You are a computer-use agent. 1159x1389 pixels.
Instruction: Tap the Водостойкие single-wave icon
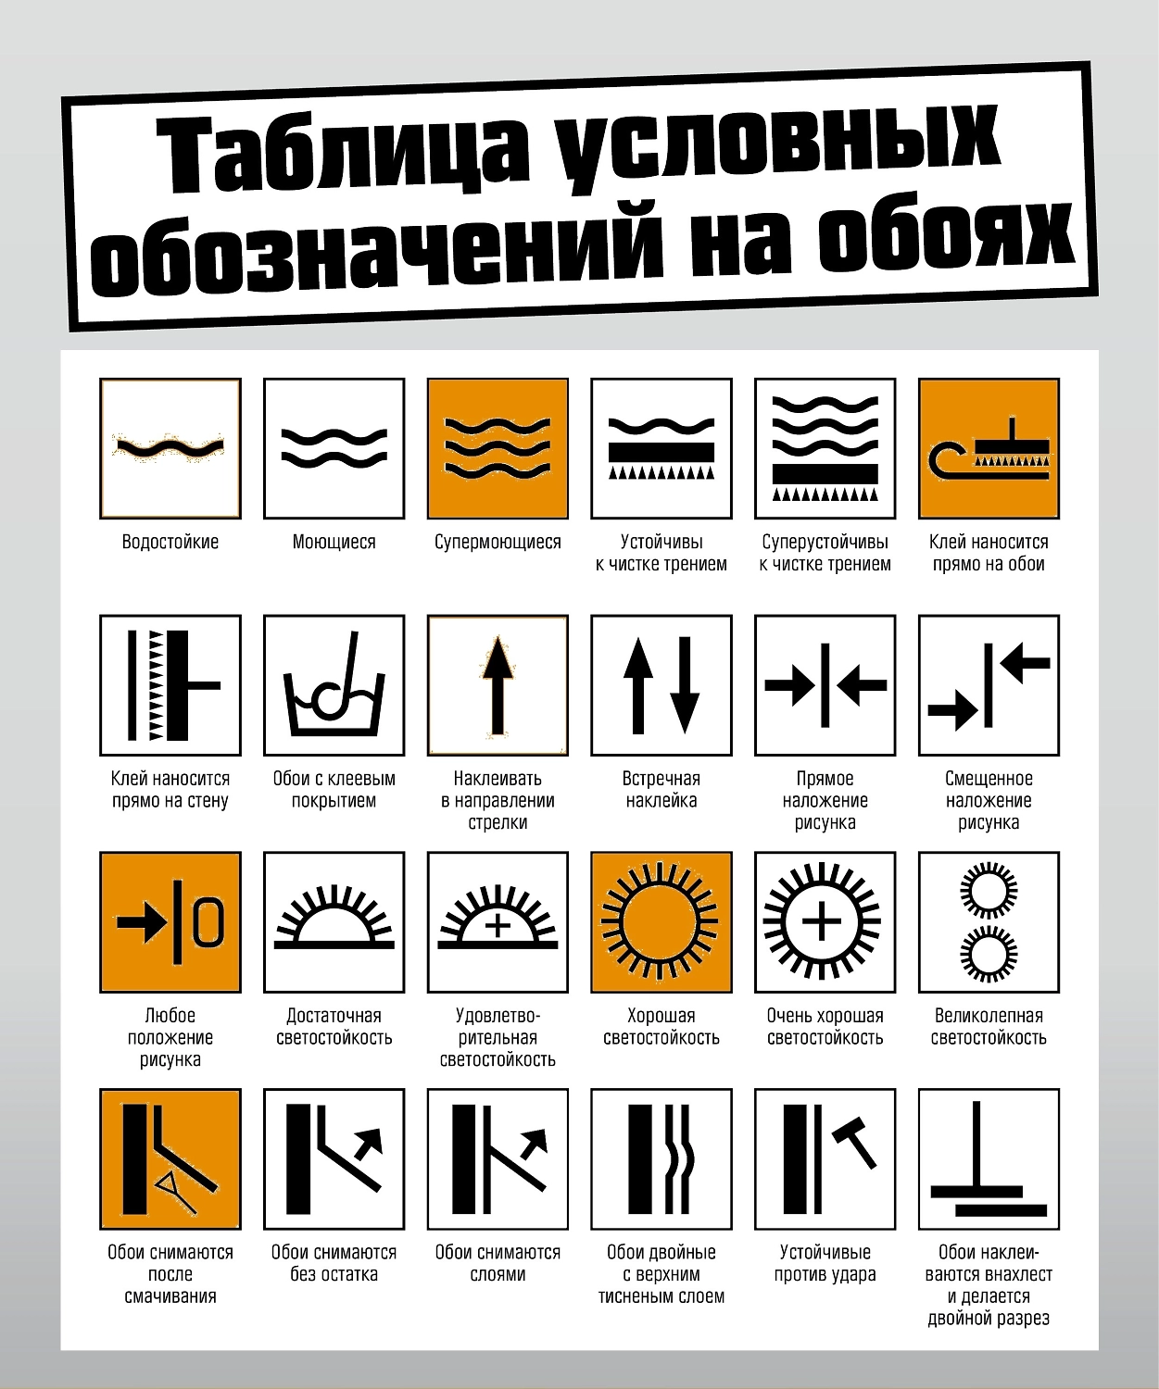(x=170, y=448)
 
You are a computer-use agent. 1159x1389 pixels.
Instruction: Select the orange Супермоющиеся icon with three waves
(x=498, y=448)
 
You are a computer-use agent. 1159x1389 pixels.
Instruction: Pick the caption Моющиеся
(x=334, y=542)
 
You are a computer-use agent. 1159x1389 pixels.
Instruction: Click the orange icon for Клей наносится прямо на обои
(x=989, y=448)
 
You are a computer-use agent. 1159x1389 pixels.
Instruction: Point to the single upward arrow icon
(x=498, y=685)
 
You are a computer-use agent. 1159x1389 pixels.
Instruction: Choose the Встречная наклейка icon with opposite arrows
(x=661, y=685)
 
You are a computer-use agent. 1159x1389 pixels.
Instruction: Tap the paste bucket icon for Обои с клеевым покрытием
(x=334, y=685)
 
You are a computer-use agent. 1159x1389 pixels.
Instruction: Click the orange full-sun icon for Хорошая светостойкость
(x=661, y=922)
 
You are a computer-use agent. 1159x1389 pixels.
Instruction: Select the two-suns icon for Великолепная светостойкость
(x=989, y=922)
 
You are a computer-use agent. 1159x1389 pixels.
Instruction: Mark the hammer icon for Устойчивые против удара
(x=825, y=1159)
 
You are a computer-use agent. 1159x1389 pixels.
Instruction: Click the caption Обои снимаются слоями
(x=498, y=1264)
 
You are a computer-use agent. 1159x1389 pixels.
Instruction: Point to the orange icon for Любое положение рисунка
(x=170, y=922)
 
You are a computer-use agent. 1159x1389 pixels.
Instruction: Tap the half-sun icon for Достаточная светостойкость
(x=334, y=922)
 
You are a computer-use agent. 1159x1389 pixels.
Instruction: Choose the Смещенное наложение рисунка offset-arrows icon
(x=989, y=685)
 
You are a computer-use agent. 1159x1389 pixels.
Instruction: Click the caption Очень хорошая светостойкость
(x=825, y=1027)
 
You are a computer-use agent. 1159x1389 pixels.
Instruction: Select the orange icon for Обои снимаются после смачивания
(x=170, y=1159)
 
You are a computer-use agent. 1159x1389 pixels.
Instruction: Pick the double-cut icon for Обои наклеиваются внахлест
(x=989, y=1159)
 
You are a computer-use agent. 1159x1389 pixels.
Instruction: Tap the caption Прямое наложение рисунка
(x=825, y=801)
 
